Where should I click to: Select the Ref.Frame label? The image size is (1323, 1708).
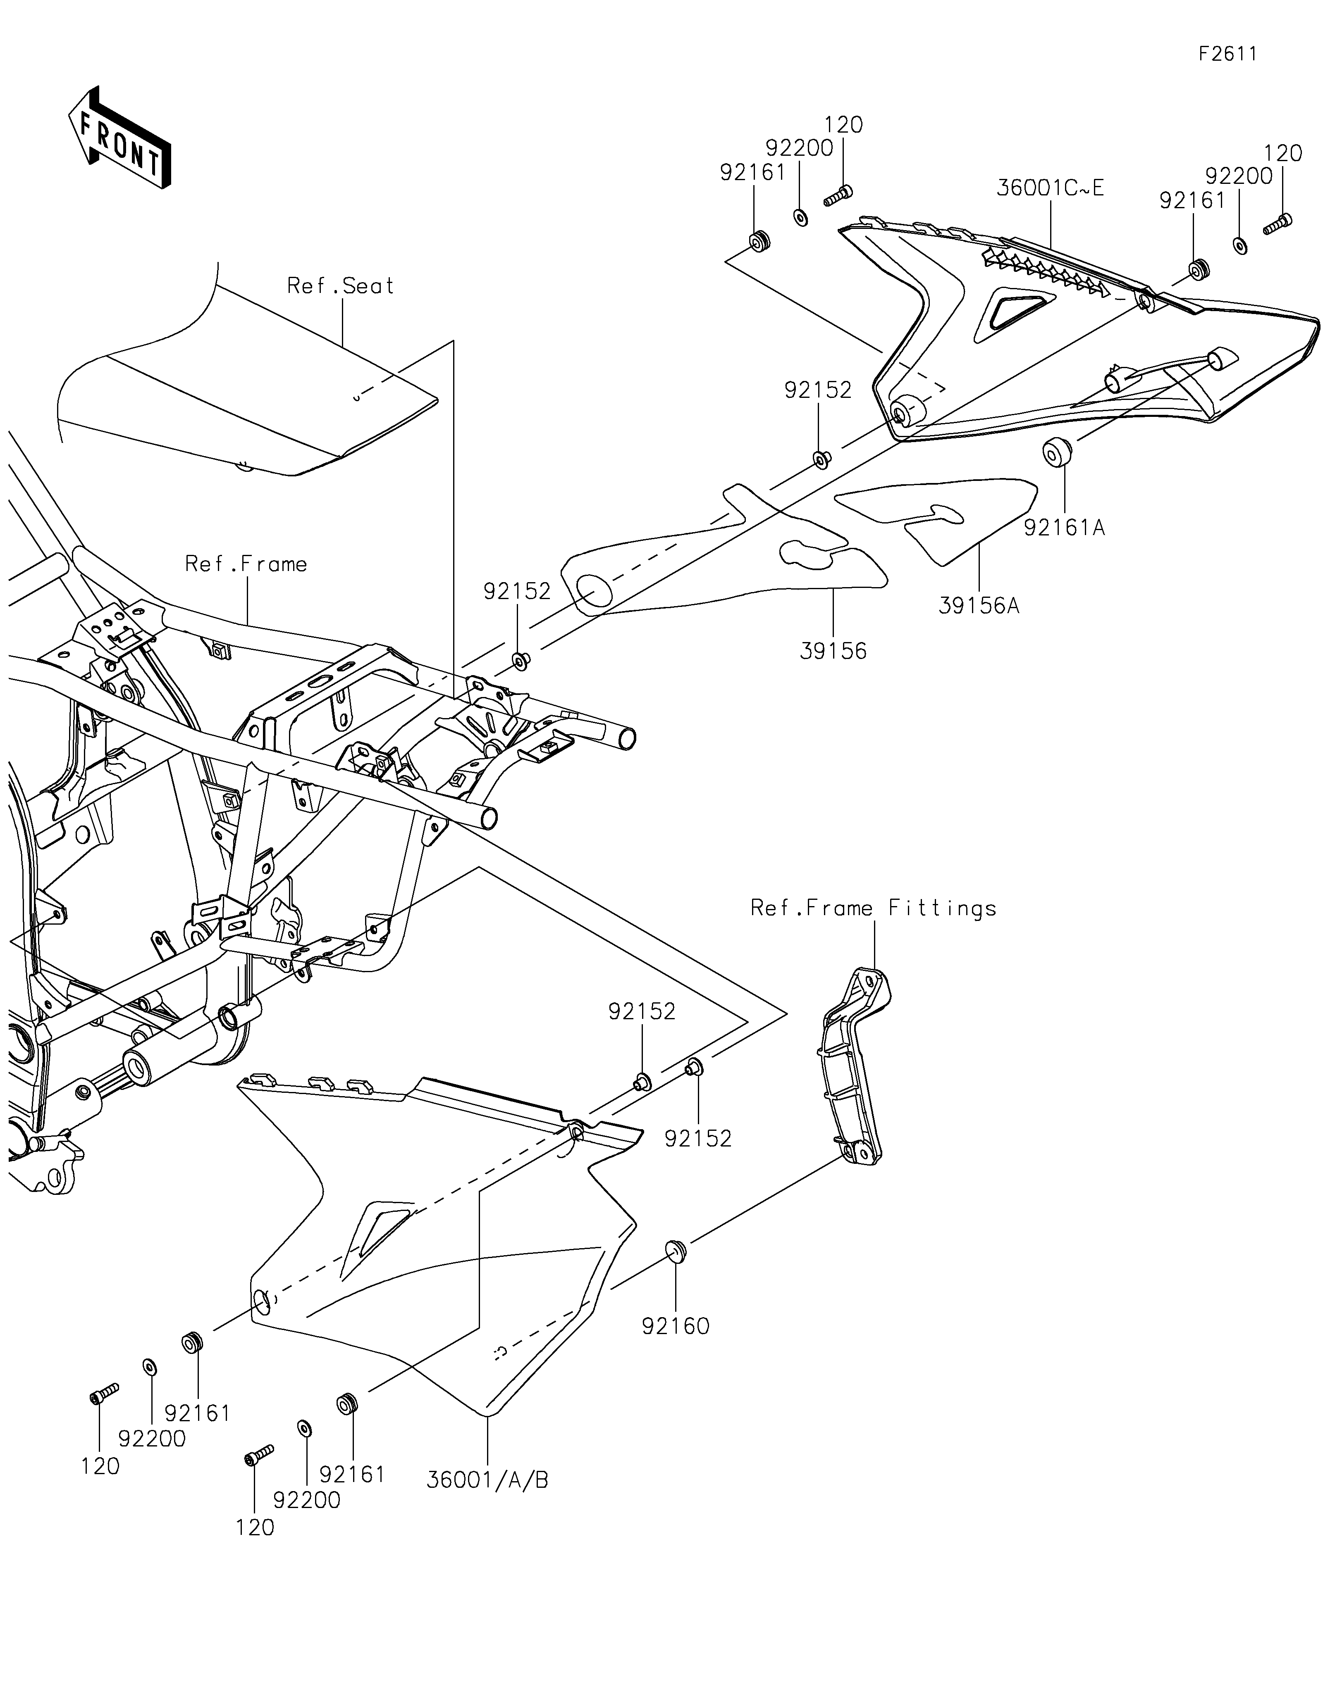coord(246,564)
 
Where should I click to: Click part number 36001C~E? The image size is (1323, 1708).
coord(1051,188)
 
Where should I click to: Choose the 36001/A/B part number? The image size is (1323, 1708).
coord(487,1480)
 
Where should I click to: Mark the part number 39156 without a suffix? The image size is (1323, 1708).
coord(833,651)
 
